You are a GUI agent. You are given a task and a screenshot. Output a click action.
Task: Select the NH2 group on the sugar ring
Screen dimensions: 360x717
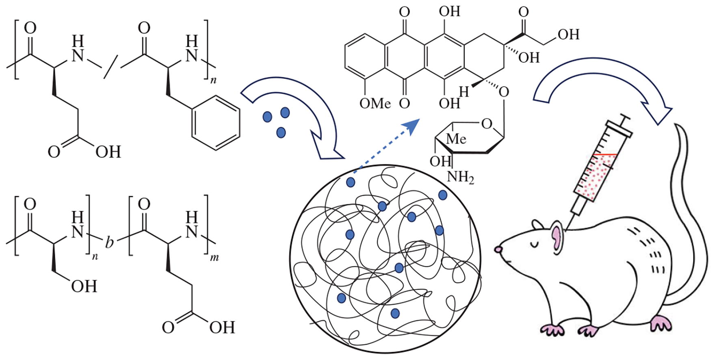pos(460,177)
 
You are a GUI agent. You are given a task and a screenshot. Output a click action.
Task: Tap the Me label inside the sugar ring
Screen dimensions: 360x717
pos(456,139)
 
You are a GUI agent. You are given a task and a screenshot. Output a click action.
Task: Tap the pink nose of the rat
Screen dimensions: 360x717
pos(498,249)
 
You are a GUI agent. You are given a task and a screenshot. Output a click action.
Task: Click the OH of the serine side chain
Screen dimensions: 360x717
pos(84,286)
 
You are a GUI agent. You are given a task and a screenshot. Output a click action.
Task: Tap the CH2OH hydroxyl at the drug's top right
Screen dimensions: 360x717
pos(568,35)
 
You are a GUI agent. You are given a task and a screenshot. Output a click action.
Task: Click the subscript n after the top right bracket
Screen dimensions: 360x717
pos(213,80)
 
